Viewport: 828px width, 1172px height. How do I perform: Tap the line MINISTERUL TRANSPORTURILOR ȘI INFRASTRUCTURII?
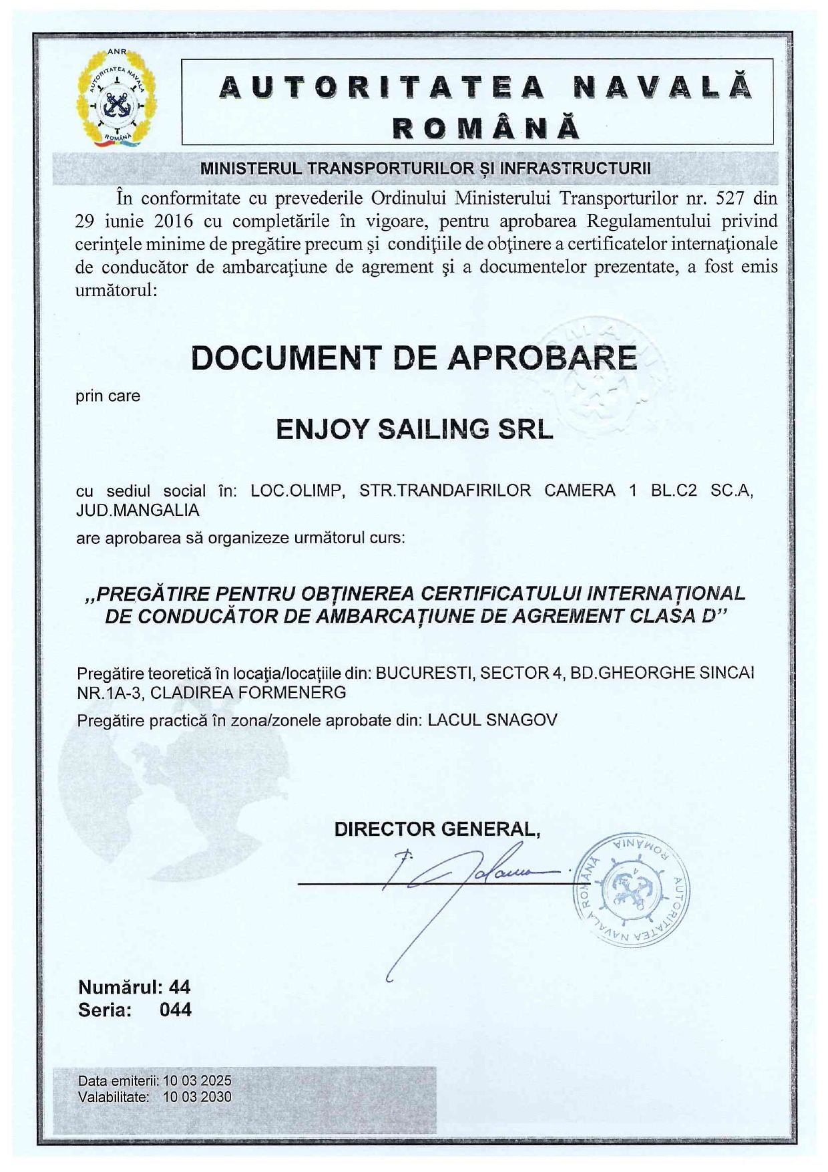[x=425, y=168]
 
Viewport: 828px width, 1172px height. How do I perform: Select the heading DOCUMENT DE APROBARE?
[x=414, y=358]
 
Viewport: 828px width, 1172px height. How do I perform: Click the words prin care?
[x=108, y=396]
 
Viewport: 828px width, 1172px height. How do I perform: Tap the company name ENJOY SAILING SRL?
[x=415, y=430]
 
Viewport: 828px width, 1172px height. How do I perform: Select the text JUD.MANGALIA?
[x=138, y=510]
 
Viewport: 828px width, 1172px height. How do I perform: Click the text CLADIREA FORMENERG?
[x=248, y=692]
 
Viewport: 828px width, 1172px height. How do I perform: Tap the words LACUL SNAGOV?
[x=492, y=720]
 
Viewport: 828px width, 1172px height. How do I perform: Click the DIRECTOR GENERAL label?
[x=437, y=829]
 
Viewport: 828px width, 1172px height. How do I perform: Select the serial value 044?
[x=176, y=1010]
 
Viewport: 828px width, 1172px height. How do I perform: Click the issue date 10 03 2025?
[x=197, y=1080]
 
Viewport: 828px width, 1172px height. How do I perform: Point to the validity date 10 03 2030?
[x=197, y=1096]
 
